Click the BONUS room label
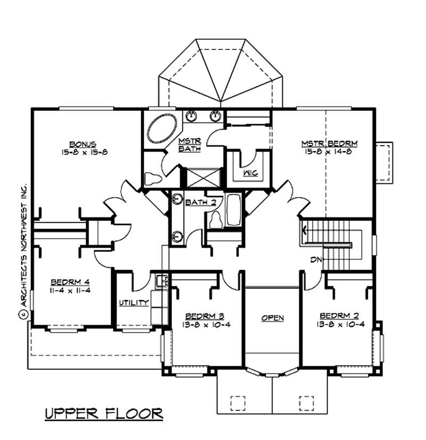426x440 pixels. pos(83,143)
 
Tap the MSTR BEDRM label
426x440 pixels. pos(329,143)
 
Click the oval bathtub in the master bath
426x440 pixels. pos(163,128)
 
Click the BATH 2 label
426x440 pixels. pos(196,202)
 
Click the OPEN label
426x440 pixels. pos(272,318)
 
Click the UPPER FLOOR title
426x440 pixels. pos(103,413)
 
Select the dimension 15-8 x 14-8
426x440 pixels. pos(329,152)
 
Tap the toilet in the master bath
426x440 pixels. pos(152,179)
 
